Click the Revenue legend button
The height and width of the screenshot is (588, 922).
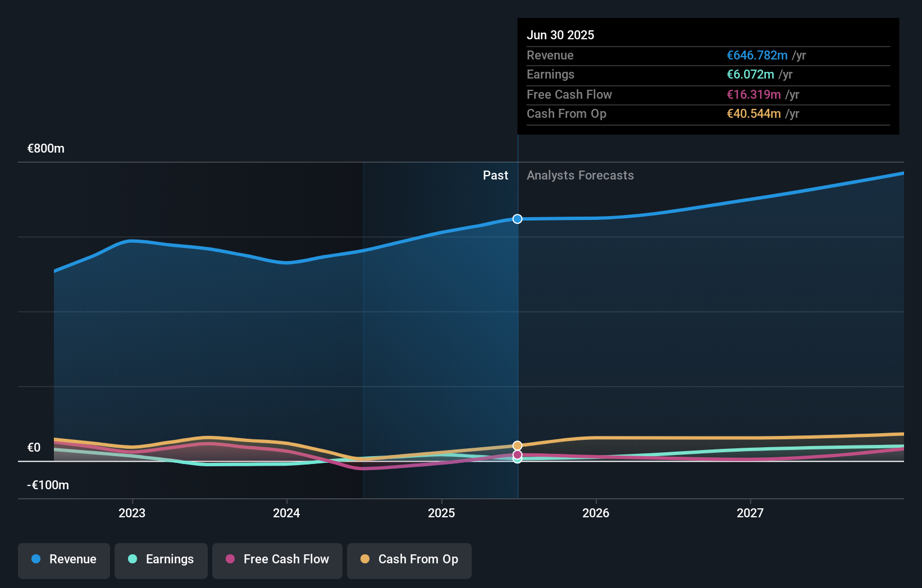(64, 559)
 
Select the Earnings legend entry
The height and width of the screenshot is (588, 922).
(161, 559)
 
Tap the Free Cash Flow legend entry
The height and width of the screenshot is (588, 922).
(277, 559)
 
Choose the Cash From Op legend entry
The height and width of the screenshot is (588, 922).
(409, 559)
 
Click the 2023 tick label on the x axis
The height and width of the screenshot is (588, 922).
(132, 513)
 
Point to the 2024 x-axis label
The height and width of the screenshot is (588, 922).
(286, 513)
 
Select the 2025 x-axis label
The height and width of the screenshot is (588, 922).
(441, 513)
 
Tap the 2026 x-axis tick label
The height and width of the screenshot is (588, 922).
(596, 513)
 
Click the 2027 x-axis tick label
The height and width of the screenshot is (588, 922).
(750, 513)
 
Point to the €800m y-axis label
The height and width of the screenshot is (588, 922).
(46, 149)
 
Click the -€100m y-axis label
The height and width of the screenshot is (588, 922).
(48, 485)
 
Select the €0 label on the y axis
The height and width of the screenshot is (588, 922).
(34, 448)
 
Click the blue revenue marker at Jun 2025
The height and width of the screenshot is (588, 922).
(518, 219)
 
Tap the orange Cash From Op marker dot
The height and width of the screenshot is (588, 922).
(518, 445)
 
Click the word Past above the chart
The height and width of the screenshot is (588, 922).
(495, 176)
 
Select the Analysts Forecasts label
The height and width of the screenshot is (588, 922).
(580, 176)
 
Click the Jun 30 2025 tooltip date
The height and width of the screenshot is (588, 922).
(560, 35)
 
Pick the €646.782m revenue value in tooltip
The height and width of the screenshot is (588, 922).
(757, 56)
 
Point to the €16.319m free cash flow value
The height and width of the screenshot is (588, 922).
(754, 95)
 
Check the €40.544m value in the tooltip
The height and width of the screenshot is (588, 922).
(754, 114)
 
